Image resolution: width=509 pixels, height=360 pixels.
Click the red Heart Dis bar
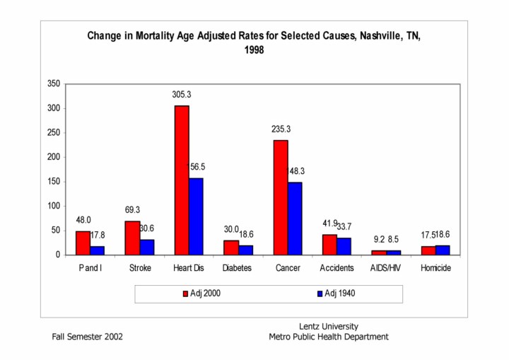pos(182,180)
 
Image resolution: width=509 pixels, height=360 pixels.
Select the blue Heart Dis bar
pos(196,216)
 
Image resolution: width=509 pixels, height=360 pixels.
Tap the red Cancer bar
pos(281,197)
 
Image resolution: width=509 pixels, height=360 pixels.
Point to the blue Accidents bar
pos(344,246)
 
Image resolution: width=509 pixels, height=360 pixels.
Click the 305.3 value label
pos(182,94)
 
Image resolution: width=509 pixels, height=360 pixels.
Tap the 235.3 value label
pos(281,129)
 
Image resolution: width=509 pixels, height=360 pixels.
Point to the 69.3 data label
pos(132,211)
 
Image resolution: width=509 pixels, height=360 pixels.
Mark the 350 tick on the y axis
pos(52,83)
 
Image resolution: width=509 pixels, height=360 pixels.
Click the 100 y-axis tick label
pos(52,206)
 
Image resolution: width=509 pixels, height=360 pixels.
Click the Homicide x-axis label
pos(435,269)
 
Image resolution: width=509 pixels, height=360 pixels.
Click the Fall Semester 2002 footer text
pos(87,337)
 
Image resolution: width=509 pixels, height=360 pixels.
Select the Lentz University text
pos(329,326)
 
